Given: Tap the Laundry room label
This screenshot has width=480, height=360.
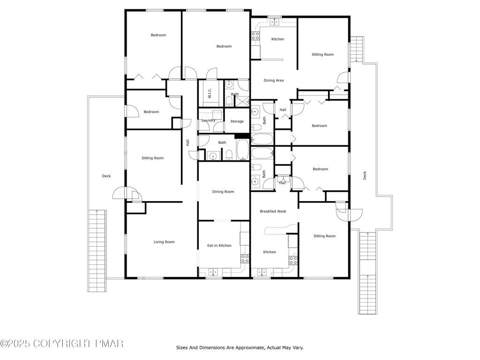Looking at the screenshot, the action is pyautogui.click(x=209, y=120).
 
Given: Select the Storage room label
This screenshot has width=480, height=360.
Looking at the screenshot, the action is pyautogui.click(x=237, y=121).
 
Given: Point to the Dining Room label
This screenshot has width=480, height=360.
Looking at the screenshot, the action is pyautogui.click(x=223, y=192).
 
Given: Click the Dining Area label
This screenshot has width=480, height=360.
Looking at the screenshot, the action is pyautogui.click(x=274, y=81).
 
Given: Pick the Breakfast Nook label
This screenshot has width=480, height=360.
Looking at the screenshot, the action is pyautogui.click(x=273, y=211).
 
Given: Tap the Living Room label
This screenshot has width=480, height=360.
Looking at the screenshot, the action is pyautogui.click(x=164, y=242).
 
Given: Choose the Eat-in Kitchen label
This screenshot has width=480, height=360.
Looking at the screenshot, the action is pyautogui.click(x=219, y=246).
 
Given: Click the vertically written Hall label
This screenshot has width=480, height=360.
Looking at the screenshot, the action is pyautogui.click(x=187, y=142).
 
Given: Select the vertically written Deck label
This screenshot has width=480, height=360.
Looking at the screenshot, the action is pyautogui.click(x=365, y=175).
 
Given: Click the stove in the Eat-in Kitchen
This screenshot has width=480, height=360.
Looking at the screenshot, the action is pyautogui.click(x=245, y=259).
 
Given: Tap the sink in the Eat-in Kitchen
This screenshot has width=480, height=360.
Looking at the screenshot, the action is pyautogui.click(x=213, y=272).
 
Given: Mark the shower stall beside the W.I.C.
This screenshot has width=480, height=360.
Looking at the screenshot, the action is pyautogui.click(x=241, y=101).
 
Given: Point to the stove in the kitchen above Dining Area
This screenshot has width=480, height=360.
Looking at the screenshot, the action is pyautogui.click(x=255, y=36).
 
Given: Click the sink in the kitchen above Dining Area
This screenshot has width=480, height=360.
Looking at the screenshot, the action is pyautogui.click(x=274, y=22).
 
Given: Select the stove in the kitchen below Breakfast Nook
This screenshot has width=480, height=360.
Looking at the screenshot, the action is pyautogui.click(x=293, y=261).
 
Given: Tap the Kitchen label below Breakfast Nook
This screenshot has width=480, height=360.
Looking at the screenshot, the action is pyautogui.click(x=270, y=252).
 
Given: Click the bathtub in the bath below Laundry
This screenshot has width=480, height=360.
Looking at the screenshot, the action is pyautogui.click(x=243, y=150).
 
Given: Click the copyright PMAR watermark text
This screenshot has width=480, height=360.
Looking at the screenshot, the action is pyautogui.click(x=61, y=344).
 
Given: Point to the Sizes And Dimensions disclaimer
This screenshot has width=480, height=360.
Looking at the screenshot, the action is pyautogui.click(x=240, y=348).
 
